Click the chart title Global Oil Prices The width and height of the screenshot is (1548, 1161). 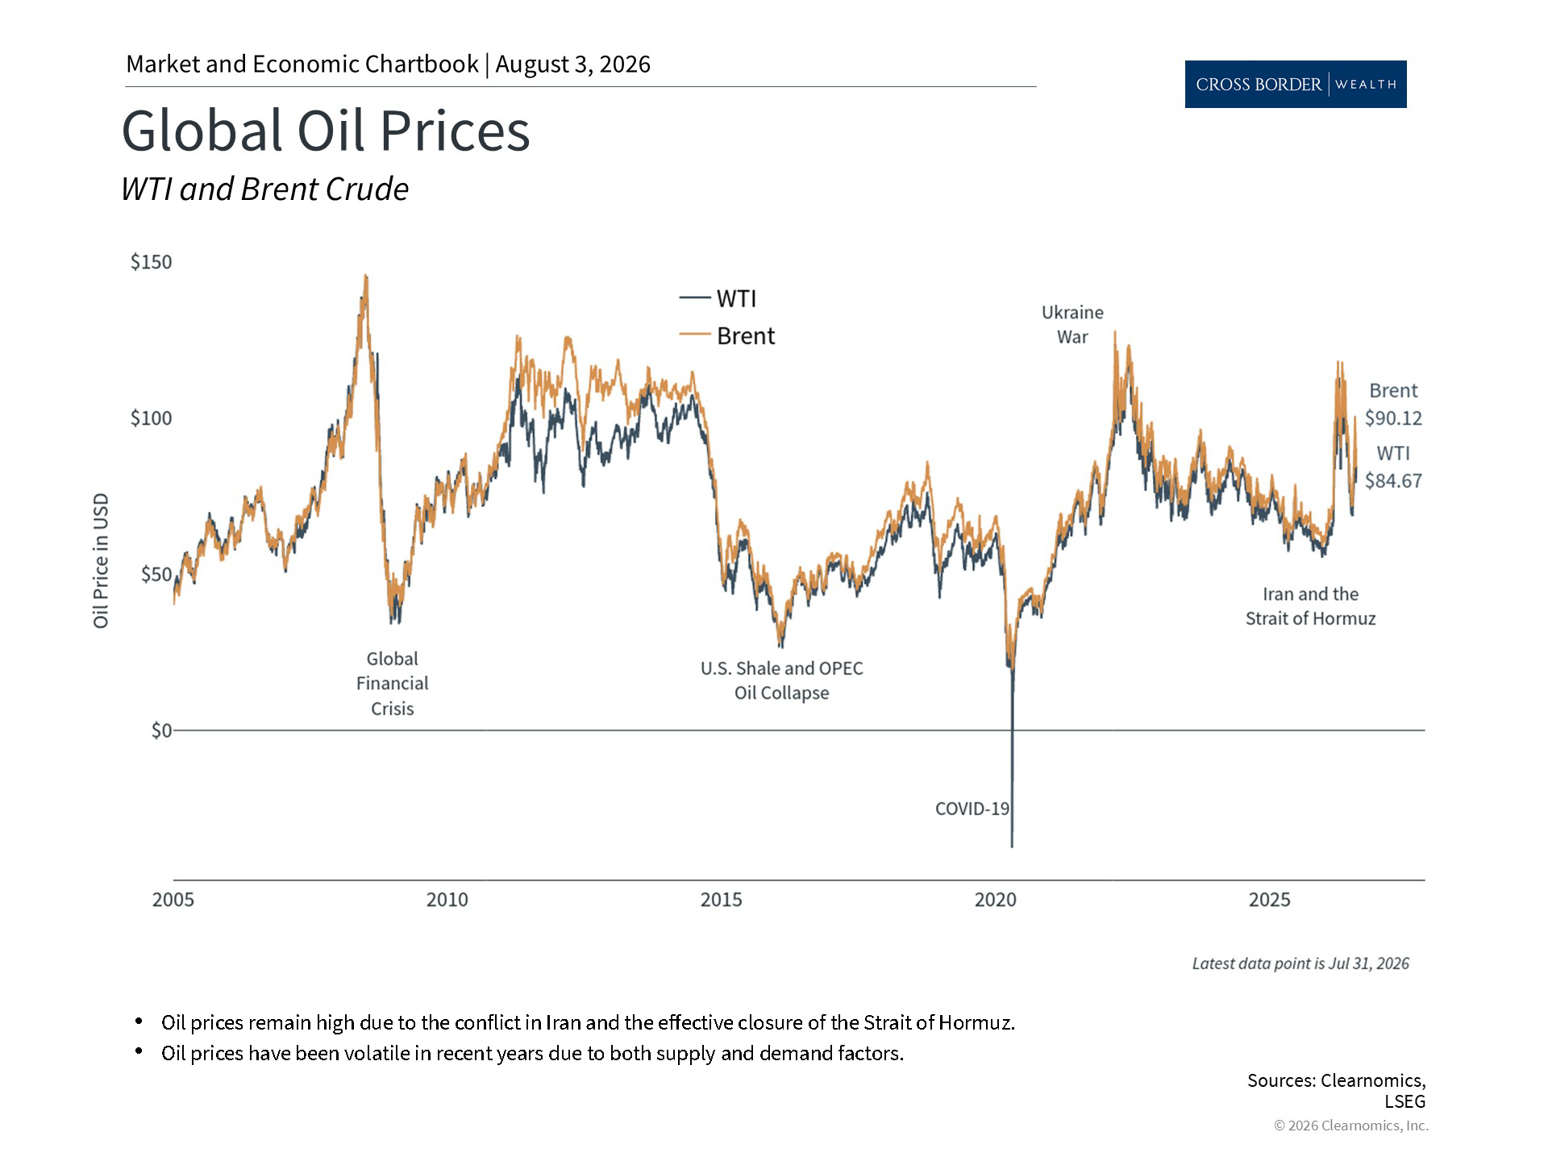326,131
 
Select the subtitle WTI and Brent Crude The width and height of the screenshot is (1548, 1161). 264,189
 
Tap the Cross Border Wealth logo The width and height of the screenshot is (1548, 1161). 1296,84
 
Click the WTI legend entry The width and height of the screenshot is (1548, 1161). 718,298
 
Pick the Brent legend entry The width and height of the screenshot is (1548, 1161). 726,335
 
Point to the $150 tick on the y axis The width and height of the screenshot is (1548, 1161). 152,262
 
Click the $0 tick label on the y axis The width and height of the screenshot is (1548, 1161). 161,730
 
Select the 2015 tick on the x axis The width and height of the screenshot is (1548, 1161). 721,900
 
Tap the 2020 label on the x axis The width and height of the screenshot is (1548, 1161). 996,900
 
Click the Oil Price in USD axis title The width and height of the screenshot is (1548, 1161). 101,561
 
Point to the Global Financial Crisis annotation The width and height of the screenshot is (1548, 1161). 393,684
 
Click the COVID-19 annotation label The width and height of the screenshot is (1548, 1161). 972,809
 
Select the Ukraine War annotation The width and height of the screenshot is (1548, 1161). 1072,324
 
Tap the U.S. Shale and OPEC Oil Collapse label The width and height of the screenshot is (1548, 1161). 781,680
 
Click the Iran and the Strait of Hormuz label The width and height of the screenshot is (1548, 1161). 1310,606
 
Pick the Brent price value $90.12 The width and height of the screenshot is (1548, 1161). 1393,418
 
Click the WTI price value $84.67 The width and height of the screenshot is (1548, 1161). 1393,481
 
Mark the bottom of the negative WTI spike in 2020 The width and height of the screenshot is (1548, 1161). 1012,847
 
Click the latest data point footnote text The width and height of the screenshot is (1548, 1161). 1300,963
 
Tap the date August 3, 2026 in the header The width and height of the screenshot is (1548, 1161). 572,64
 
